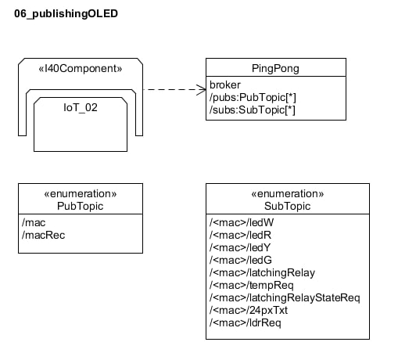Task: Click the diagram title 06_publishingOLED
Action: tap(66, 14)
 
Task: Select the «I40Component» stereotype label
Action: tap(81, 68)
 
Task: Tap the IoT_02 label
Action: tap(81, 107)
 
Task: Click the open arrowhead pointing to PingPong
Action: tap(202, 90)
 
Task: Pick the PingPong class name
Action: tap(275, 68)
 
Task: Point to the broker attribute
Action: tap(225, 85)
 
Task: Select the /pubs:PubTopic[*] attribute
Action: tap(253, 97)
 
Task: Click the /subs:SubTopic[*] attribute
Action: tap(253, 110)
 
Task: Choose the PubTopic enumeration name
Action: tap(81, 206)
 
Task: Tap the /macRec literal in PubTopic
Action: tap(44, 235)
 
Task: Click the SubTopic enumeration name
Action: tap(287, 206)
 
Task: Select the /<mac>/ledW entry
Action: tap(242, 222)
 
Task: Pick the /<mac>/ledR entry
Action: tap(240, 235)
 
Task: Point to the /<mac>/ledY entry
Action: tap(240, 247)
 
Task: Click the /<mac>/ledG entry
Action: tap(241, 260)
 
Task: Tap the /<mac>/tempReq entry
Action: tap(252, 285)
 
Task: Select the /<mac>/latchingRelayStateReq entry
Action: tap(285, 297)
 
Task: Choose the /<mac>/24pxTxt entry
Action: tap(249, 310)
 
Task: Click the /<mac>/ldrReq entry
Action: tap(246, 322)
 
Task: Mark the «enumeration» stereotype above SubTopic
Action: tap(287, 193)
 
